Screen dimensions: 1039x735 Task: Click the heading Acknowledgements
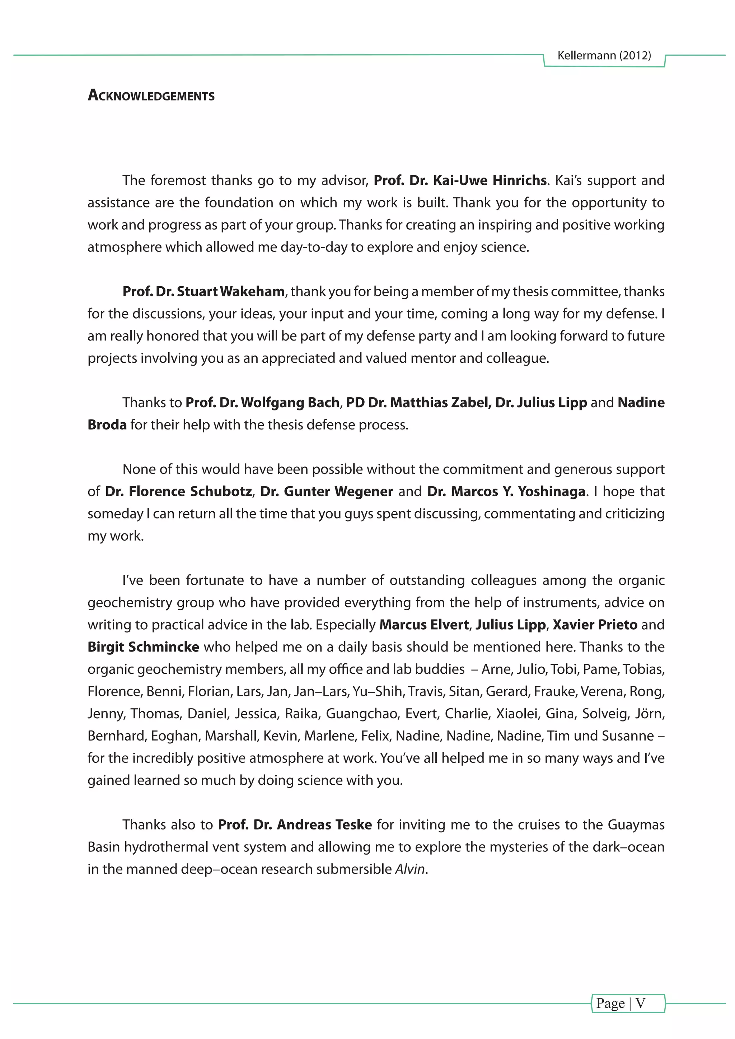(151, 95)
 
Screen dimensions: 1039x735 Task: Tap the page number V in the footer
(640, 1003)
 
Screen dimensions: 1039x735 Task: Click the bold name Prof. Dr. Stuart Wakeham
(203, 291)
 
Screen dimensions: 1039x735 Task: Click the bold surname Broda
(107, 424)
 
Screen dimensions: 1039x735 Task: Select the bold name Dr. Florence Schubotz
(178, 491)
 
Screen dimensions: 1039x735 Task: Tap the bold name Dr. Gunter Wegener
(326, 491)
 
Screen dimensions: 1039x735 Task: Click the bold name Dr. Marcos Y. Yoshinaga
(506, 491)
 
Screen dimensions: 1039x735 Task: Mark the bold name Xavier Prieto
(595, 625)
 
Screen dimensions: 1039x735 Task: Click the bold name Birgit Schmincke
(143, 647)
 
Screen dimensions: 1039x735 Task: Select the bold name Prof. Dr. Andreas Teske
(295, 824)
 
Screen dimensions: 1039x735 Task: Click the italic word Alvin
(409, 869)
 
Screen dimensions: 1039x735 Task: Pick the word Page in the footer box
(610, 1003)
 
